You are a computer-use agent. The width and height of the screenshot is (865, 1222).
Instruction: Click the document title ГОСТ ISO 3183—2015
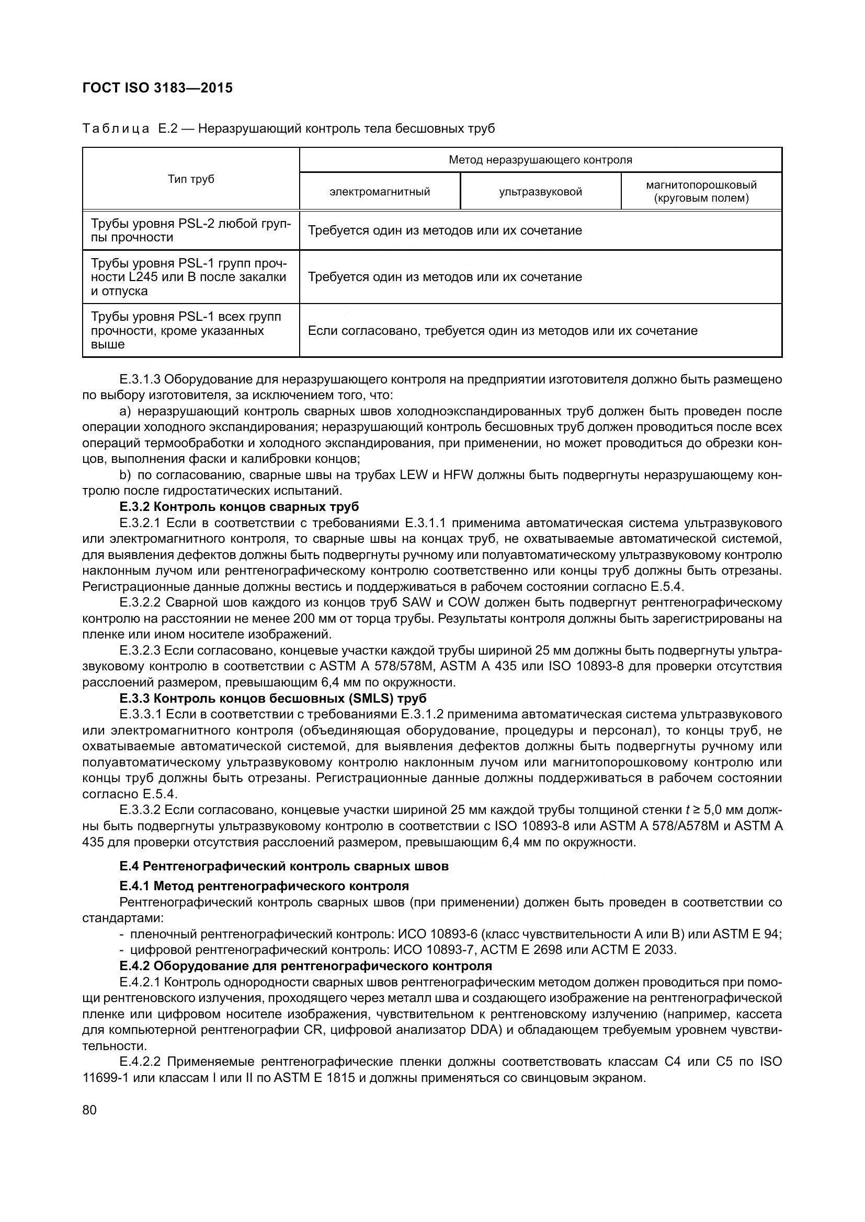pyautogui.click(x=157, y=88)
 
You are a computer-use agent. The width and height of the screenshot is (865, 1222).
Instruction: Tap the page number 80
pyautogui.click(x=89, y=1110)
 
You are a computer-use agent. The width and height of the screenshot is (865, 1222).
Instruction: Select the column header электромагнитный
pyautogui.click(x=379, y=192)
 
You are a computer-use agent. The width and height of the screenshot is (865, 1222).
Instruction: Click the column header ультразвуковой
pyautogui.click(x=540, y=192)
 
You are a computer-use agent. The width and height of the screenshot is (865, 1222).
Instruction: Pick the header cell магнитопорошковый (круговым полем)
pyautogui.click(x=701, y=192)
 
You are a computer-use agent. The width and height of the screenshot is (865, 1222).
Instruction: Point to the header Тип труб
pyautogui.click(x=191, y=179)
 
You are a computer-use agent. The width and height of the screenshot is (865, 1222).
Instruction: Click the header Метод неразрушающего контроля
pyautogui.click(x=540, y=160)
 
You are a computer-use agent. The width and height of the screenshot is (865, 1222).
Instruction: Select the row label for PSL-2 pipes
pyautogui.click(x=191, y=230)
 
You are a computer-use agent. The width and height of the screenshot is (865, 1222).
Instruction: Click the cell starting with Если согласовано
pyautogui.click(x=502, y=331)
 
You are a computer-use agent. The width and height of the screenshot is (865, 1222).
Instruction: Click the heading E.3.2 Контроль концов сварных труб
pyautogui.click(x=239, y=506)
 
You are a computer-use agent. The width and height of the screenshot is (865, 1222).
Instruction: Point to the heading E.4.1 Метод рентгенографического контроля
pyautogui.click(x=264, y=886)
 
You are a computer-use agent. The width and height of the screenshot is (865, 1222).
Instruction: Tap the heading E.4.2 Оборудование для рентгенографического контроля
pyautogui.click(x=306, y=965)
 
